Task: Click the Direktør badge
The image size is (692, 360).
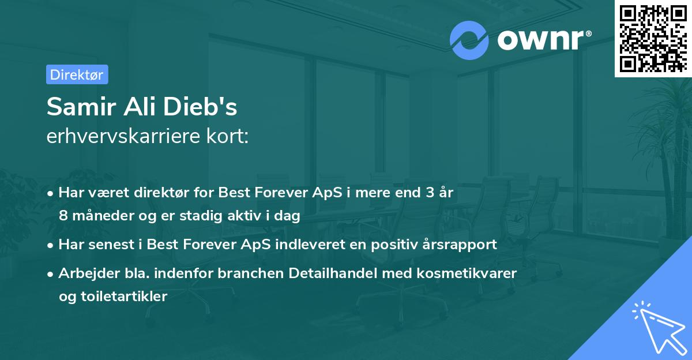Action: [x=77, y=74]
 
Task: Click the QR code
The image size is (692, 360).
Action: [x=653, y=38]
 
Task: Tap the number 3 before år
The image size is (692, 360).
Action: [x=430, y=193]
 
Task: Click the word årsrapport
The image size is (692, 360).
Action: [x=460, y=244]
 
